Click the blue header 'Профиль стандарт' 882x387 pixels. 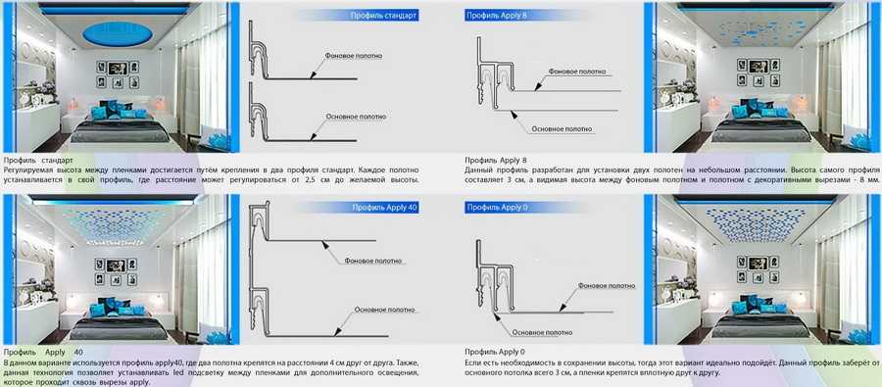coord(383,16)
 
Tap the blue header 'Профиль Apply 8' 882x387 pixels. coord(496,16)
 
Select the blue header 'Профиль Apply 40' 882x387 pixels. coord(385,208)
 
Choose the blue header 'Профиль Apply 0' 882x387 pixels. coord(496,208)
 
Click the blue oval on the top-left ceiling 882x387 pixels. coord(118,33)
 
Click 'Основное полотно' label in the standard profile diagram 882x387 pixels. coord(356,117)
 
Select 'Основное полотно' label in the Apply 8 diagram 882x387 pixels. coord(562,128)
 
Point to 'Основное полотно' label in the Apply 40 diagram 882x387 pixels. coord(385,310)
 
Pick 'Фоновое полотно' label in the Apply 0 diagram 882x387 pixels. coord(607,286)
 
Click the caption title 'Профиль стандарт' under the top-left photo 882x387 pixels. coord(38,161)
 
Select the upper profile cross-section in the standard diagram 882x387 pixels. coord(258,52)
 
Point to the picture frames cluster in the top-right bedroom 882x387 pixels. coord(759,72)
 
